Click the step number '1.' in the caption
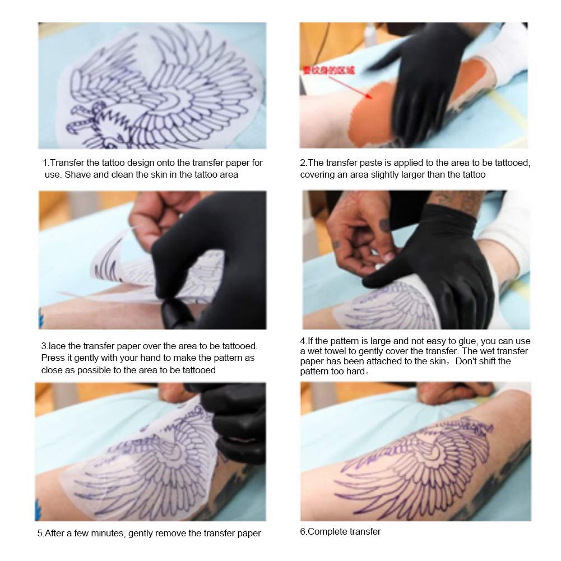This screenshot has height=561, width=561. (x=46, y=163)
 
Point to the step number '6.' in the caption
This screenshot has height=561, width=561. (x=303, y=531)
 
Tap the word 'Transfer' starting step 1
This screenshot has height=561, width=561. (x=67, y=163)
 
